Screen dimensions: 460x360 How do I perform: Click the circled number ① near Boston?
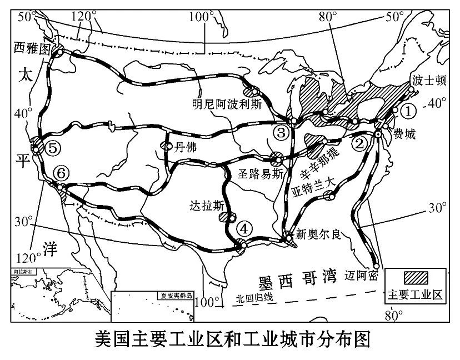click(x=408, y=111)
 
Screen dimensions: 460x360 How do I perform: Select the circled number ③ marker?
click(x=281, y=132)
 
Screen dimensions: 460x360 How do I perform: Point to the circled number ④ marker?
click(x=243, y=228)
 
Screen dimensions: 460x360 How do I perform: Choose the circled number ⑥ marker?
click(x=61, y=173)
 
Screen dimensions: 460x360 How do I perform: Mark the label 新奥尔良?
click(x=316, y=233)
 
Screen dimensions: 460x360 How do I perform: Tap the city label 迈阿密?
click(x=361, y=275)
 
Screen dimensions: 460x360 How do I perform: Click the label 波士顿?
click(x=428, y=80)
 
